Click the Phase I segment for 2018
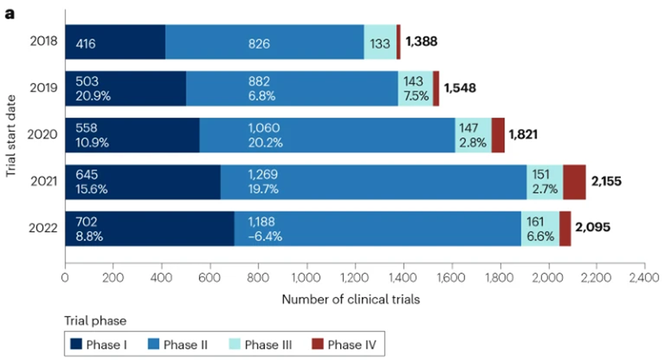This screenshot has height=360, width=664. click(x=115, y=41)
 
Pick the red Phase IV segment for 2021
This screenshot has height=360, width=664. click(x=574, y=182)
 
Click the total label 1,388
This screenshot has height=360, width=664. click(x=421, y=41)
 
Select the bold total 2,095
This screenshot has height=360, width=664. click(x=593, y=228)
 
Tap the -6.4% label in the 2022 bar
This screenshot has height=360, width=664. click(x=265, y=236)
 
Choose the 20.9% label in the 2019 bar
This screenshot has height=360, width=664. click(x=91, y=97)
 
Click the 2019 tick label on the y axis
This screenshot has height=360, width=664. click(x=44, y=88)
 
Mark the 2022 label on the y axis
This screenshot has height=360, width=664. click(x=44, y=228)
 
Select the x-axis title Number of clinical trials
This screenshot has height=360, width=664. click(x=351, y=299)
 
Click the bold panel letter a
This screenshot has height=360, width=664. click(x=10, y=14)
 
